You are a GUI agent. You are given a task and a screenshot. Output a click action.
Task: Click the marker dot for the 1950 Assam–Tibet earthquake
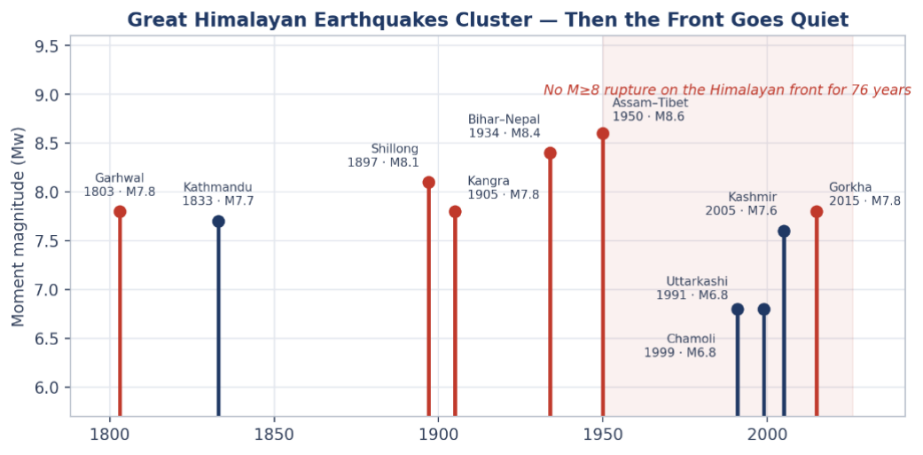click(603, 134)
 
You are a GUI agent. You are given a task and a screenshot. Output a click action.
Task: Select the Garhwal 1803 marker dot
click(120, 211)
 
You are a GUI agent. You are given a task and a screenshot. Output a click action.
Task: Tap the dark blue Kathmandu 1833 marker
click(218, 222)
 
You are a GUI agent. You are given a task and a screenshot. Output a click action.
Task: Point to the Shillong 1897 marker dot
click(428, 183)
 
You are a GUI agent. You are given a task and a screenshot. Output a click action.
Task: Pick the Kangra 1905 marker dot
click(455, 211)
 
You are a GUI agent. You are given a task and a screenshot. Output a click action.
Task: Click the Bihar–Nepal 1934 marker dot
click(551, 153)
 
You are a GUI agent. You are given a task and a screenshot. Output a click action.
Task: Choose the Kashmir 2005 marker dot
click(784, 231)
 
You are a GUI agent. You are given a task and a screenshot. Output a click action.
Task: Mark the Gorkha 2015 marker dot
click(817, 211)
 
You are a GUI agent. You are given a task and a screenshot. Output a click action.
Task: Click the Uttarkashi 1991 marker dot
click(738, 309)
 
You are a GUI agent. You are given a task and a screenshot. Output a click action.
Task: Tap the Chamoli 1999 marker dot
click(764, 309)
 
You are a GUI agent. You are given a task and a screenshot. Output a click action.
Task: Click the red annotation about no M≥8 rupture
click(727, 90)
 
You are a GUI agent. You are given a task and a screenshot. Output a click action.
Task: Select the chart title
click(488, 20)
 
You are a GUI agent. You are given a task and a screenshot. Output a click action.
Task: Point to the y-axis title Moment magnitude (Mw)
click(19, 226)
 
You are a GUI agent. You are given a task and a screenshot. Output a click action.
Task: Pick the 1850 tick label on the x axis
click(274, 438)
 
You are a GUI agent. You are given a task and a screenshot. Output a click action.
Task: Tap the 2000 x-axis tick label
click(767, 438)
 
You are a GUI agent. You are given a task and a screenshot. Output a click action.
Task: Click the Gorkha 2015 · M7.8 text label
click(864, 194)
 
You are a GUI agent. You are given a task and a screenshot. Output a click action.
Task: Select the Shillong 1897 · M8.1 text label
click(383, 155)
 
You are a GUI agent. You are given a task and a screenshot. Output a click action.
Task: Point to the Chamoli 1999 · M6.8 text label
click(680, 346)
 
